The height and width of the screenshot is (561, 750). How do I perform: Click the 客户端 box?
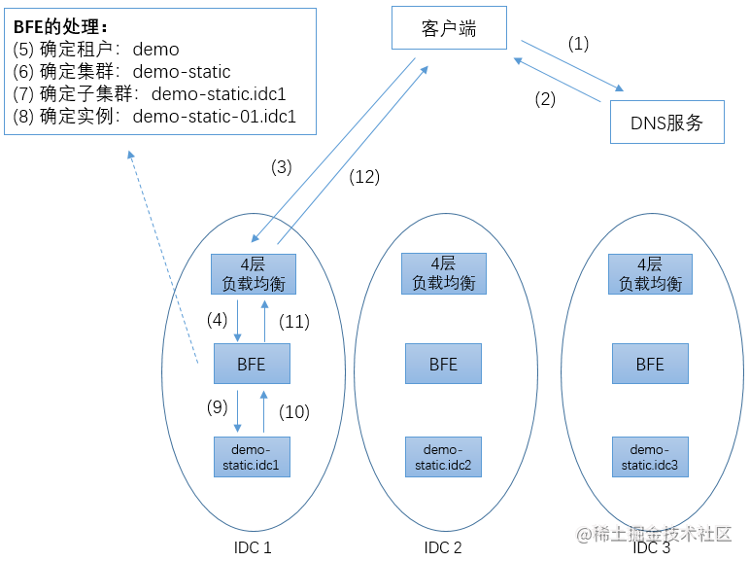(449, 28)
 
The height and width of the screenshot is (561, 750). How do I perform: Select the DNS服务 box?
(665, 123)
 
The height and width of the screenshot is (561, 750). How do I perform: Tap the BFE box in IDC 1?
(252, 365)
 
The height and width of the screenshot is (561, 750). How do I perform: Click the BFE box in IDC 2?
(444, 365)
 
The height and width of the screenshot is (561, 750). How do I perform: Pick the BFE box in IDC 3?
(650, 365)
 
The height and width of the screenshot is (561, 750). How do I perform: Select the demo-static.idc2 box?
(444, 456)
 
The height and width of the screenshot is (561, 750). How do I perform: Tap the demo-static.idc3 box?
(650, 456)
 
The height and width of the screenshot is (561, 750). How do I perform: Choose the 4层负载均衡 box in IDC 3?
(650, 273)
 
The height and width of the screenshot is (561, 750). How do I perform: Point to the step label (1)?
(578, 44)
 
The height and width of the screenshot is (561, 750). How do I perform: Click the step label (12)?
(363, 176)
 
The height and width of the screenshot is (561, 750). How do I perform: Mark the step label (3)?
(281, 167)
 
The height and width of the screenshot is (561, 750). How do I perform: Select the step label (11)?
(293, 320)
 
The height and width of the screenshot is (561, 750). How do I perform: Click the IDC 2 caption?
(443, 547)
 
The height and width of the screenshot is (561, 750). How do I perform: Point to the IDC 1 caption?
(253, 547)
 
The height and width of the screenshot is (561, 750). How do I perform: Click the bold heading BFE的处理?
(60, 26)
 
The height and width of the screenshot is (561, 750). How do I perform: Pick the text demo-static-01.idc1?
(214, 117)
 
